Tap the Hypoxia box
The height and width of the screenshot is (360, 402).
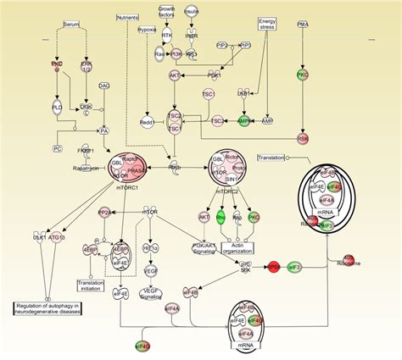coord(148,29)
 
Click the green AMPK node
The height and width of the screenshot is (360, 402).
coord(245,121)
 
